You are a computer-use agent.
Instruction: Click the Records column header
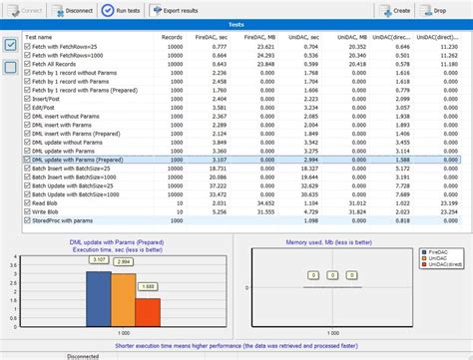173,38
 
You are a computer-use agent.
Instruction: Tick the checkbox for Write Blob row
27,212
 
